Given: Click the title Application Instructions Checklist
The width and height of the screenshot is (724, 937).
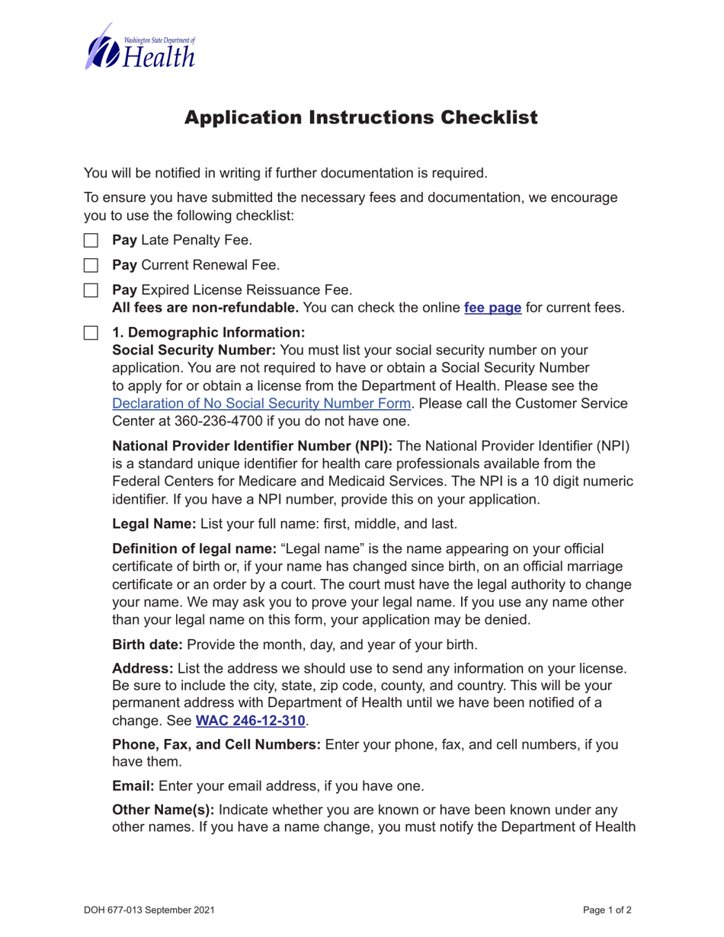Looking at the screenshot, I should tap(361, 118).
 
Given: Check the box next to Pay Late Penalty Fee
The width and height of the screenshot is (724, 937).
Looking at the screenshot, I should tap(91, 241).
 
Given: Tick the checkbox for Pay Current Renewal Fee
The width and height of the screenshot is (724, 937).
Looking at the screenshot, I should tap(91, 266).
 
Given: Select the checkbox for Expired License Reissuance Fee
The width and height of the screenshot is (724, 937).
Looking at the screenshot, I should tap(91, 290).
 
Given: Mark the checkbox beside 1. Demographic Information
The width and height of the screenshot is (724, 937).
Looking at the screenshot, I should tap(91, 333).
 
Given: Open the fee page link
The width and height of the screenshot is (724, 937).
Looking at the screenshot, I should tap(492, 309).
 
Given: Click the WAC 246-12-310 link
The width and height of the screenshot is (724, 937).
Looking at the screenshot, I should tap(251, 720).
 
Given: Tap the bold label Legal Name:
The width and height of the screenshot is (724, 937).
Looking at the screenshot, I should tap(155, 524).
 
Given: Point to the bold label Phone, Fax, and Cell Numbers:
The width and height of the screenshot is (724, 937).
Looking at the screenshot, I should tap(216, 744).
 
